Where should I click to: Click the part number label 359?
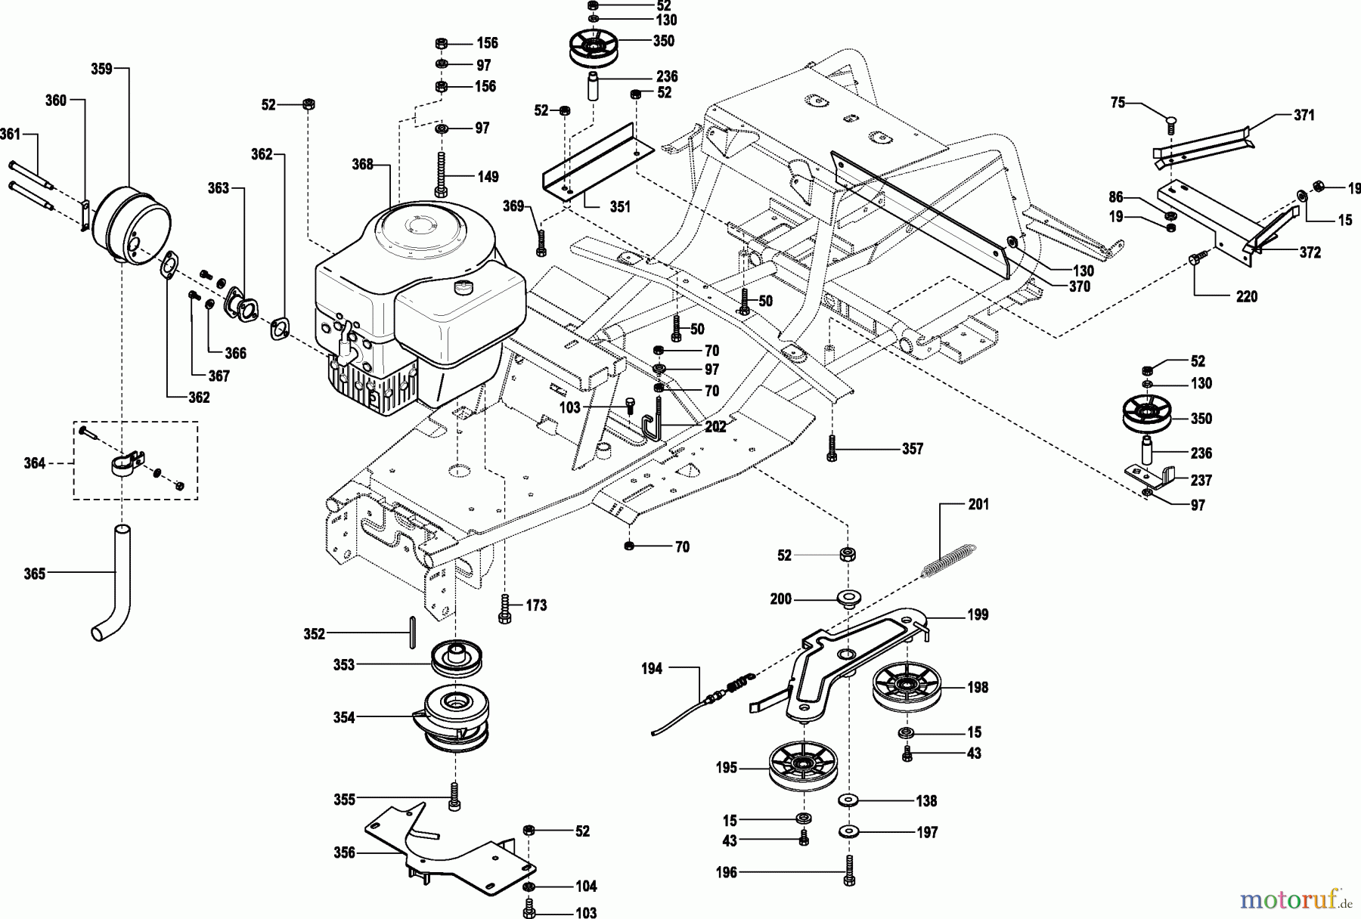tap(101, 69)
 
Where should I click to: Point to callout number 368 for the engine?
tap(363, 164)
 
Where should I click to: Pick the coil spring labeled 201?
tap(950, 560)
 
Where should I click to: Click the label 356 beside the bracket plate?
tap(344, 852)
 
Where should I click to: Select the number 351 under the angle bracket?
tap(620, 207)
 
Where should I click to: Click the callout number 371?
tap(1304, 115)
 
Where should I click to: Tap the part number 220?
tap(1246, 297)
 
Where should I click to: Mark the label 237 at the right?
tap(1201, 480)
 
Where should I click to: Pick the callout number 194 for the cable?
tap(652, 668)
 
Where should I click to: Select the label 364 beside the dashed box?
tap(35, 463)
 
